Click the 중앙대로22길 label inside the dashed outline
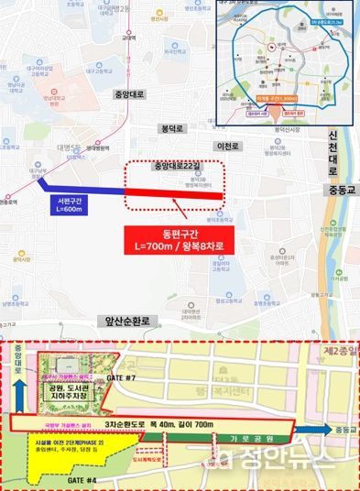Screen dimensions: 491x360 (x=175, y=168)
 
